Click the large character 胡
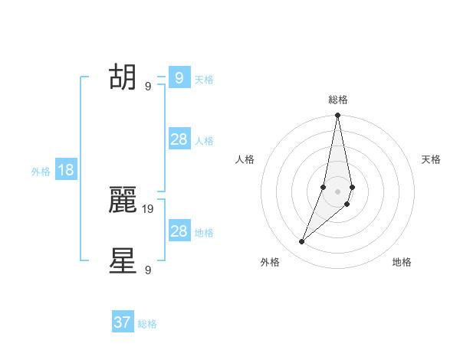[x=123, y=77]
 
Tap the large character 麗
[x=123, y=200]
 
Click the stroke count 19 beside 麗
[x=149, y=208]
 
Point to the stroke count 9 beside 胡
[x=148, y=87]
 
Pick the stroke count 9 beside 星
[x=148, y=270]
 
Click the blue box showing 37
[x=123, y=322]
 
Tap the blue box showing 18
[x=66, y=170]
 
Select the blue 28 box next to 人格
[x=179, y=139]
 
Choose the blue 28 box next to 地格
[x=179, y=231]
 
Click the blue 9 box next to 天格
[x=179, y=77]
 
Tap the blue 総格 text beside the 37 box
[x=147, y=324]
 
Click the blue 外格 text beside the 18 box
[x=41, y=172]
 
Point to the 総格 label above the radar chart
[x=338, y=100]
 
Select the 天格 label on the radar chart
[x=432, y=159]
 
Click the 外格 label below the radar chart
[x=270, y=262]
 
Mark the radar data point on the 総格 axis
[x=337, y=116]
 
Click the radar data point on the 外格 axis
[x=302, y=242]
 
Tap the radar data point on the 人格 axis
[x=324, y=187]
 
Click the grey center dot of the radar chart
[x=337, y=191]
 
